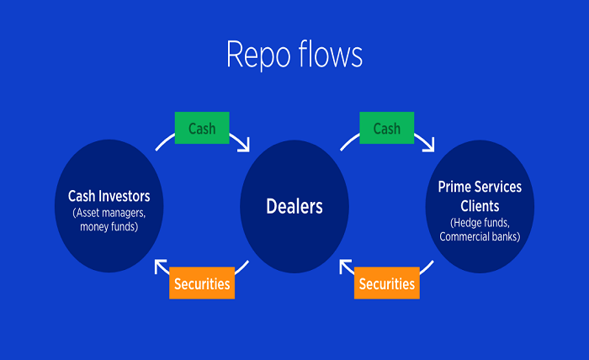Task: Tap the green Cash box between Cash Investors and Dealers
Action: coord(201,129)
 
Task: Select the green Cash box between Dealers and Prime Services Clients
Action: coord(386,129)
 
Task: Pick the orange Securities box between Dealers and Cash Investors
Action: coord(201,283)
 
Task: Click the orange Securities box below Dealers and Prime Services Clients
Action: coord(386,283)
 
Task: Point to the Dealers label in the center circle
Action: coord(294,205)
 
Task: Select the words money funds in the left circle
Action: coord(109,227)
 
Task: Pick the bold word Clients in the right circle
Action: coord(480,205)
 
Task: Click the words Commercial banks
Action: coord(480,236)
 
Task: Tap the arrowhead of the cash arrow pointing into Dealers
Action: coord(245,146)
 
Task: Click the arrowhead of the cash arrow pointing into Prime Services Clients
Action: coord(429,146)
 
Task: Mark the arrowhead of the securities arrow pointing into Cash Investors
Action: coord(160,267)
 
